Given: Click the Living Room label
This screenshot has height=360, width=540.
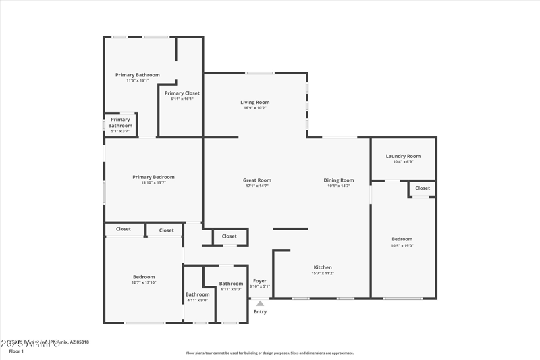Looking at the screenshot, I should (255, 103).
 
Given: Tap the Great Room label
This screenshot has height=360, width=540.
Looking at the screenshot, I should (257, 180).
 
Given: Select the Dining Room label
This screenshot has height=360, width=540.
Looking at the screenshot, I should (339, 180).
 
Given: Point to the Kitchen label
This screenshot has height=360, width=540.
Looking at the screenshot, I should (322, 267).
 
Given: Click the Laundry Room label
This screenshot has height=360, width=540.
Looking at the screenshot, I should (403, 156).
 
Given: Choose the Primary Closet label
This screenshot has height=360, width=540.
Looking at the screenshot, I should (182, 93).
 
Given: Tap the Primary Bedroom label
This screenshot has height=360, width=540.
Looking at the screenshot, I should (153, 177).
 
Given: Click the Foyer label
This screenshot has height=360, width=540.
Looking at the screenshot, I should (260, 280).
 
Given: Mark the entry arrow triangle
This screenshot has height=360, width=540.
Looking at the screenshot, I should (260, 303).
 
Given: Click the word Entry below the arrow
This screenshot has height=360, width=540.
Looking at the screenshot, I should (260, 311).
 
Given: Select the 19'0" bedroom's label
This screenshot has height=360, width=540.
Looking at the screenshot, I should (402, 239).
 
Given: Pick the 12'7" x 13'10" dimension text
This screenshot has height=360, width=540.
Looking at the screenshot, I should (144, 282).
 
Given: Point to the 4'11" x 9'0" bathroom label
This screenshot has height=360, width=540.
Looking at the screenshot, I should (198, 294).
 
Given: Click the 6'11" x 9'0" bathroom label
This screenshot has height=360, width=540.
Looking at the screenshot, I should (231, 284).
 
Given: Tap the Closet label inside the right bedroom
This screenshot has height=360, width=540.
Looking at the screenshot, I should (423, 188).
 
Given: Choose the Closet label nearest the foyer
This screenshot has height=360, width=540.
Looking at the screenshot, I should (230, 236).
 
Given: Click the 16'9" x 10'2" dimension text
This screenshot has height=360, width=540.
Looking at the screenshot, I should (255, 108).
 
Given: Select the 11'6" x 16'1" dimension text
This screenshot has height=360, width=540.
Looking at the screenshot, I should (138, 80).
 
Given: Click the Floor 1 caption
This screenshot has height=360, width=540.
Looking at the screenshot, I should (16, 351).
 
